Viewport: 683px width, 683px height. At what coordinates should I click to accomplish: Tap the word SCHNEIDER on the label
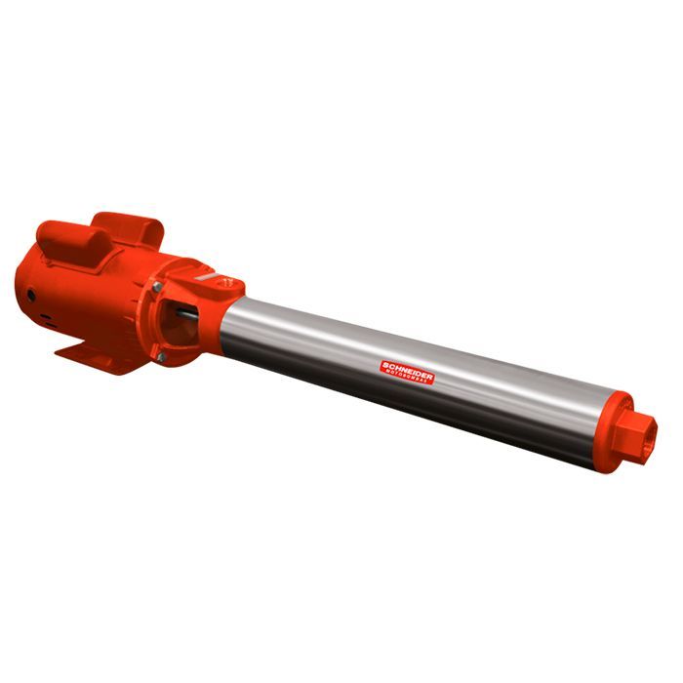tap(407, 364)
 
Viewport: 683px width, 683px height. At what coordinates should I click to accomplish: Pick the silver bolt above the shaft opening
tap(156, 287)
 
